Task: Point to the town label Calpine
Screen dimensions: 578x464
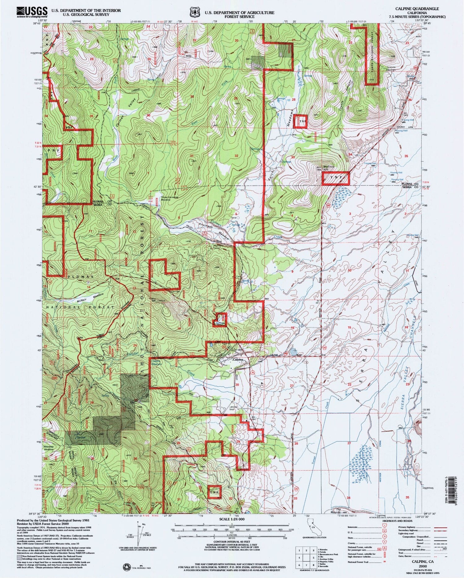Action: [238, 360]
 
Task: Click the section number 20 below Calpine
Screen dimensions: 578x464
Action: [237, 385]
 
